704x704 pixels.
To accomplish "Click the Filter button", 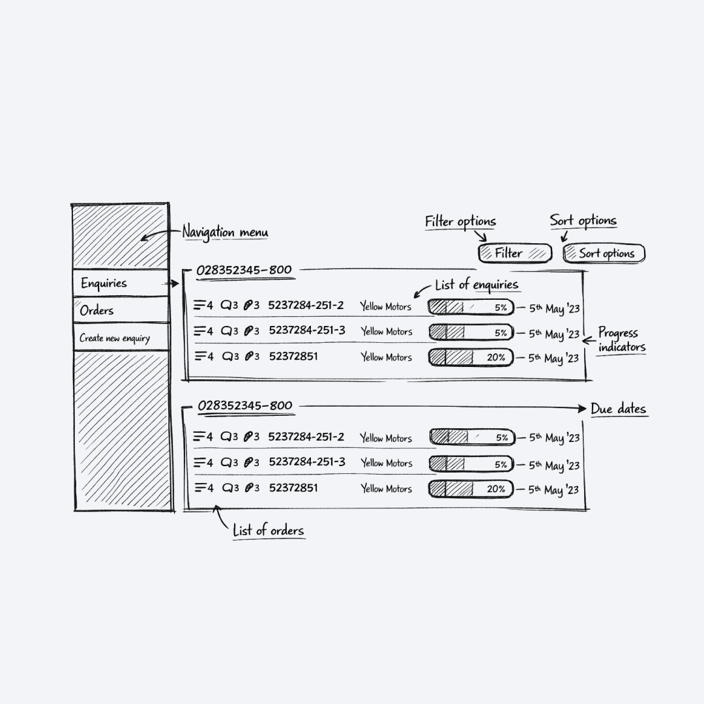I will click(514, 254).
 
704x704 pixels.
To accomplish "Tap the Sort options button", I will click(604, 254).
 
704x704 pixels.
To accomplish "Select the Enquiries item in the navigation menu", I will click(121, 284).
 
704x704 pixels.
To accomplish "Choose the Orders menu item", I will click(121, 310).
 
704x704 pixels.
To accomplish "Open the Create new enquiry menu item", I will click(121, 338).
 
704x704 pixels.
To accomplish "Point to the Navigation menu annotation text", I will click(225, 232).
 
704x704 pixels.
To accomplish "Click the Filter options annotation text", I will click(460, 222).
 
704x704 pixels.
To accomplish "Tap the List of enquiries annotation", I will click(477, 285).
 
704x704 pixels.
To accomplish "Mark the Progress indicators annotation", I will click(621, 340).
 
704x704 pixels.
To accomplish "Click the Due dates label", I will click(618, 409).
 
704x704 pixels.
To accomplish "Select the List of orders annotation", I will click(268, 531).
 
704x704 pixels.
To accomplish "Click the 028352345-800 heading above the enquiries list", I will click(244, 270).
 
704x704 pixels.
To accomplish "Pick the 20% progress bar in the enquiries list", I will click(471, 357).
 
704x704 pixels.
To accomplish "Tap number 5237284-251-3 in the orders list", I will click(307, 462).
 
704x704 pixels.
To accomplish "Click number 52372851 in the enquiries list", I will click(293, 357).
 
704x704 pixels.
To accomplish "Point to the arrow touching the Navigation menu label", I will click(160, 235).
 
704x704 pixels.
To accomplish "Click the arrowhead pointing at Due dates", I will click(582, 409).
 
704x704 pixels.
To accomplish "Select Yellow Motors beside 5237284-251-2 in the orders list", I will click(386, 438).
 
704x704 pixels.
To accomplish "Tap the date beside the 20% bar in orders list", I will click(553, 490).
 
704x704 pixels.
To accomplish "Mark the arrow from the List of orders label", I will click(222, 518).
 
